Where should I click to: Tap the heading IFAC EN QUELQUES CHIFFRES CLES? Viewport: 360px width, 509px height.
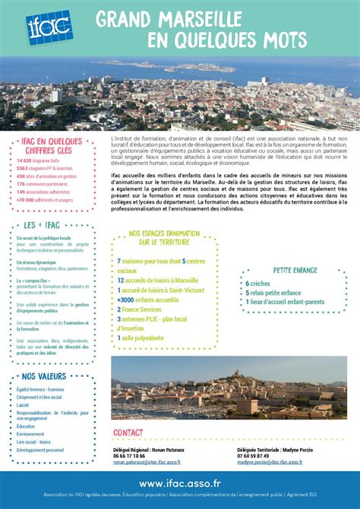click(51, 146)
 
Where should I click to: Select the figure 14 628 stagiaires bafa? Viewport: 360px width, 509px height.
click(38, 161)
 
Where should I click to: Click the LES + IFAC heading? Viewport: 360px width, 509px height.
click(43, 225)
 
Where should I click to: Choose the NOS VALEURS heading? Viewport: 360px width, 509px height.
click(44, 376)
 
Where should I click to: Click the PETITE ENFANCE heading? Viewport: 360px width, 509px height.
click(295, 270)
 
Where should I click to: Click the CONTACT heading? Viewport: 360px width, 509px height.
click(128, 433)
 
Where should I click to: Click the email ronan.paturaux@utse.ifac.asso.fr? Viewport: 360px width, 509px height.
click(147, 462)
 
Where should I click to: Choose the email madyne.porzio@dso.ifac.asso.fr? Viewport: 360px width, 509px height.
click(269, 462)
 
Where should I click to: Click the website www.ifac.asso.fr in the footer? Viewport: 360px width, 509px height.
click(180, 483)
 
